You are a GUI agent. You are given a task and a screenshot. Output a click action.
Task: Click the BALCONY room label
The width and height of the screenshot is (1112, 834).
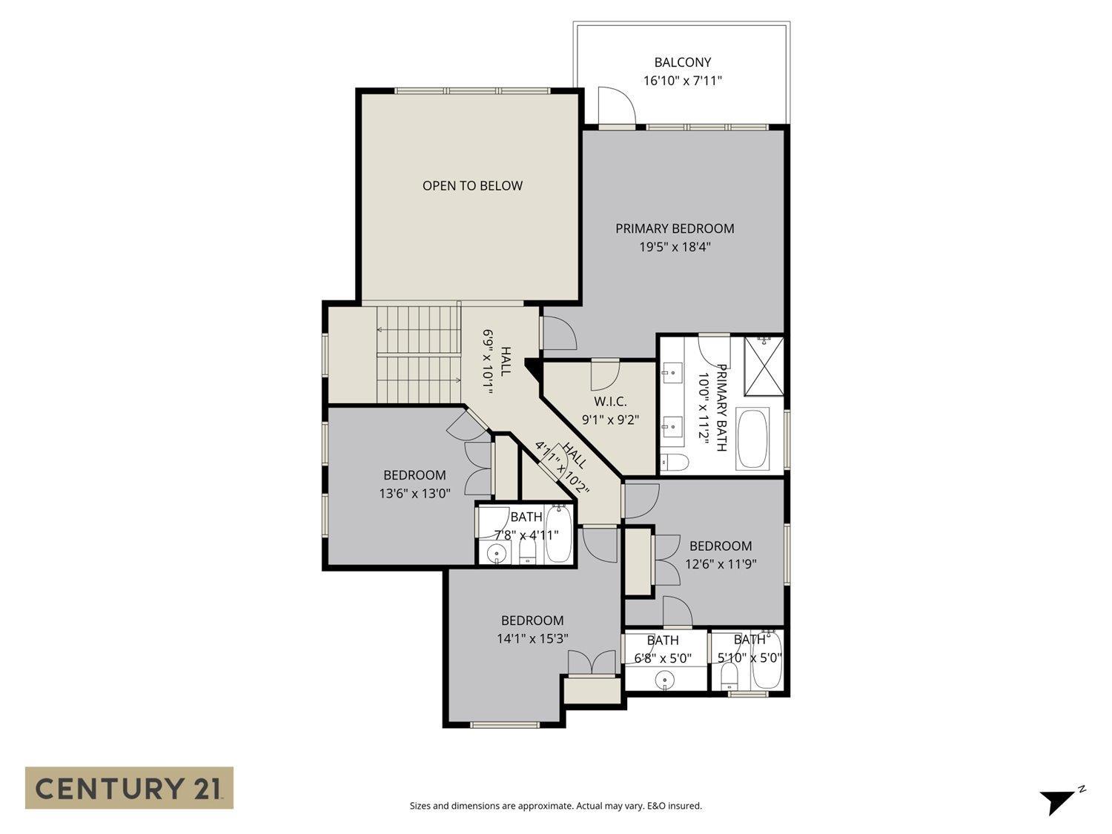point(682,62)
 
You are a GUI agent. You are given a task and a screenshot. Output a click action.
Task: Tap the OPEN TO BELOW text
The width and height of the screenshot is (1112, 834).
point(472,185)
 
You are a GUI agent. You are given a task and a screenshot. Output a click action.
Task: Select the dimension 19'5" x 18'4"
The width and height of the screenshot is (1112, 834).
point(675,247)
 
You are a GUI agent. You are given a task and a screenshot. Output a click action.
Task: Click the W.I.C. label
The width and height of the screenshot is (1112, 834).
point(610,401)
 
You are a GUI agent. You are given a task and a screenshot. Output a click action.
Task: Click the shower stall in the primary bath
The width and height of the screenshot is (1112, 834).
point(764,365)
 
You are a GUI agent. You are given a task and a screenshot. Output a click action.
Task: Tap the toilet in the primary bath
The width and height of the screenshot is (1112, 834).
point(674,462)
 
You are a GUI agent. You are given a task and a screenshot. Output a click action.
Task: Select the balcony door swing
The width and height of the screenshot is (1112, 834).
point(616,105)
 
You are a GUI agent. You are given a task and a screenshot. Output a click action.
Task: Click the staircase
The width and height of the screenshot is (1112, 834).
point(419,354)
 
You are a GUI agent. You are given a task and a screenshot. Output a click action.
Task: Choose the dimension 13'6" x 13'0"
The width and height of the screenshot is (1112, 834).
point(414,494)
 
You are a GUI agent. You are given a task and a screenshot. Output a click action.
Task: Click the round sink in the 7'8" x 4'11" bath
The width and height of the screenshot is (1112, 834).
point(495,552)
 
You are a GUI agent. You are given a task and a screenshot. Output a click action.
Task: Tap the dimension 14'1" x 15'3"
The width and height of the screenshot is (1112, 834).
point(532,638)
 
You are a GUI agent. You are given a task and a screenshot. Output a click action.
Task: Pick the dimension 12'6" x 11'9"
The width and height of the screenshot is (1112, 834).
point(721,563)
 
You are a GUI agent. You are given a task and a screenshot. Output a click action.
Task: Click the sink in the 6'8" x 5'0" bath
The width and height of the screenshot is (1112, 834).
point(665,679)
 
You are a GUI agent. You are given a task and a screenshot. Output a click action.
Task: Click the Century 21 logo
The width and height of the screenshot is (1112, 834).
point(130,787)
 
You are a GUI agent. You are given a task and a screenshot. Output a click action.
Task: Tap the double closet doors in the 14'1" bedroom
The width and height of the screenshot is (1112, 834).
point(592,662)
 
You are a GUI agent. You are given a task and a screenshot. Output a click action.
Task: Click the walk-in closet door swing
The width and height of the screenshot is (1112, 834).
point(604,376)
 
